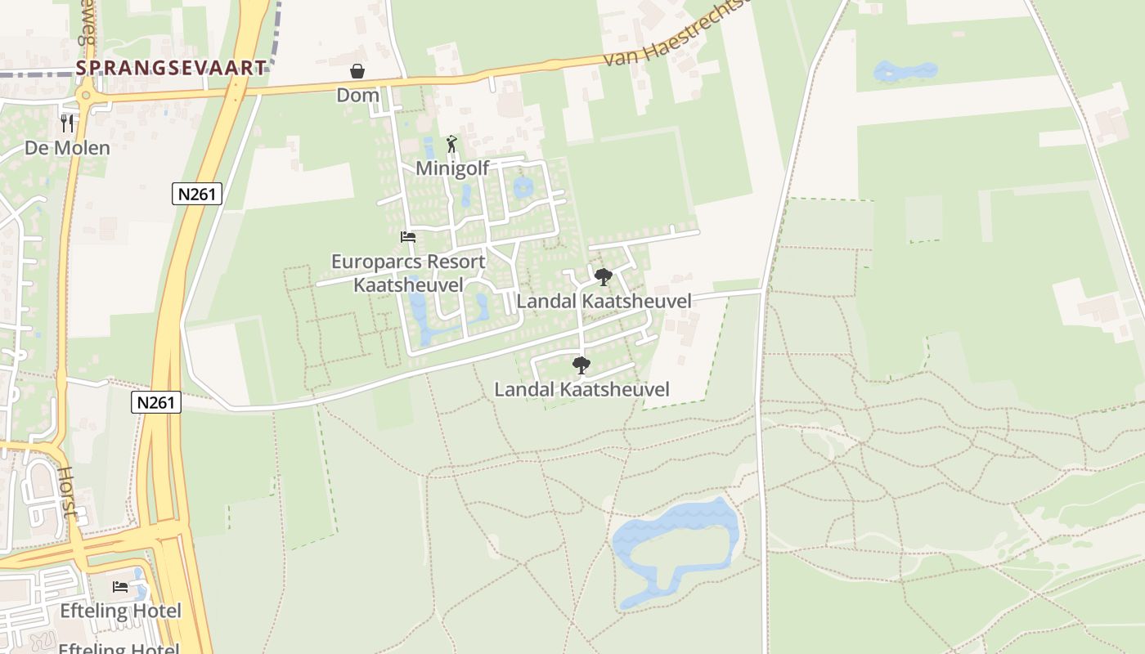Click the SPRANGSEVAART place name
171,68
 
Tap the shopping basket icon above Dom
357,72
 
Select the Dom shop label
358,95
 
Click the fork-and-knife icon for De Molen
67,123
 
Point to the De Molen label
67,148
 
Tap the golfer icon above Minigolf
451,145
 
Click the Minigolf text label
452,168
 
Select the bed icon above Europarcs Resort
408,237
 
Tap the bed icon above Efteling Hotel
120,587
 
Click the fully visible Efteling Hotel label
121,611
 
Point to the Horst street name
68,492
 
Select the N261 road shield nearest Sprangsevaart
197,194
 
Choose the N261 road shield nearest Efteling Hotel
155,401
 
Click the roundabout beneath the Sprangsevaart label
85,96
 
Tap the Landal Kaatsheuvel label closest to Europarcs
604,301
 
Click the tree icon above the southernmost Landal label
581,365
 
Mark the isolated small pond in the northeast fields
905,72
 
